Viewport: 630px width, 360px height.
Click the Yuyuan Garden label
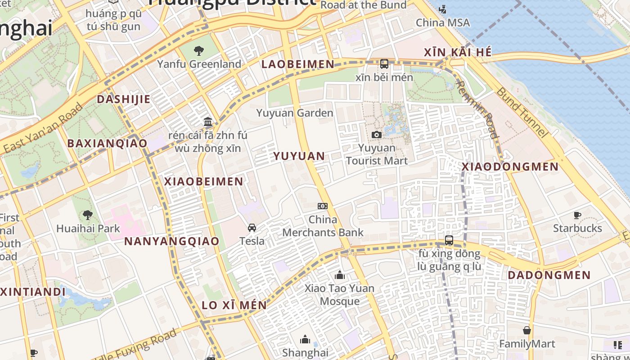coord(295,113)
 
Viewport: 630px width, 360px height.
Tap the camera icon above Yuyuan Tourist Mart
coord(377,135)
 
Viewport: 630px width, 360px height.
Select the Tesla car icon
coord(252,228)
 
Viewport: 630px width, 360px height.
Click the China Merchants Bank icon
coord(322,206)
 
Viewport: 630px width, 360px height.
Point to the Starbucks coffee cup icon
coord(577,215)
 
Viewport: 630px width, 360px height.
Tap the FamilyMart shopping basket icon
coord(527,331)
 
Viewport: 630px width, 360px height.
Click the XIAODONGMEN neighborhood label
coord(510,167)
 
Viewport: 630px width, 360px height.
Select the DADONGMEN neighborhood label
coord(549,275)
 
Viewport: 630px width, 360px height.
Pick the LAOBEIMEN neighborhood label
coord(298,64)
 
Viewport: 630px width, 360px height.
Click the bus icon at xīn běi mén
coord(384,64)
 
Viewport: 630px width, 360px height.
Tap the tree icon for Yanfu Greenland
coord(198,51)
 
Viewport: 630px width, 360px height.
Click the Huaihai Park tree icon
coord(88,215)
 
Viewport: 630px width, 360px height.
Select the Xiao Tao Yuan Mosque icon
coord(340,275)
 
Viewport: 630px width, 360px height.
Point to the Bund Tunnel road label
coord(522,112)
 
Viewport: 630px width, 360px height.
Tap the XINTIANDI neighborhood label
coord(33,292)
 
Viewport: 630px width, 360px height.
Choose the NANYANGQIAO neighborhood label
coord(171,241)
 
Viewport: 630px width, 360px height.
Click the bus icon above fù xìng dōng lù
coord(449,240)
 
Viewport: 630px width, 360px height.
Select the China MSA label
coord(442,22)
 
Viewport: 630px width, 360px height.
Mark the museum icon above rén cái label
coord(207,121)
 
